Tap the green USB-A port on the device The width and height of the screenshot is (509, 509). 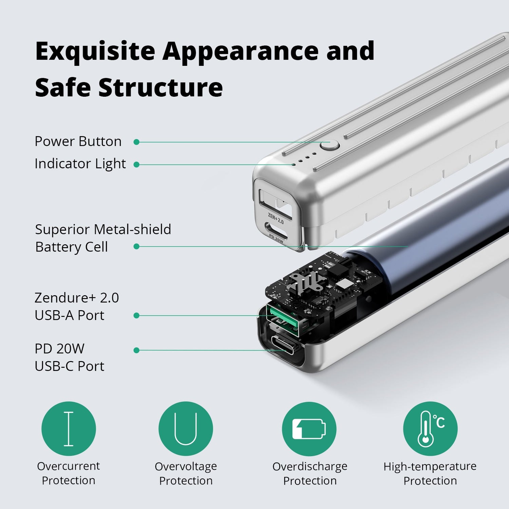pyautogui.click(x=282, y=321)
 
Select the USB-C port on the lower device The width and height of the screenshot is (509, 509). pyautogui.click(x=282, y=345)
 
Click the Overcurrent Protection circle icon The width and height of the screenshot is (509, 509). pyautogui.click(x=69, y=429)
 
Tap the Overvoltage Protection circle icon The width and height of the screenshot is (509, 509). pyautogui.click(x=186, y=429)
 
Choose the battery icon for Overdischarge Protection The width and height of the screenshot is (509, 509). pyautogui.click(x=309, y=429)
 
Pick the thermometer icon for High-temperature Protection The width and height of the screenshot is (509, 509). pyautogui.click(x=430, y=429)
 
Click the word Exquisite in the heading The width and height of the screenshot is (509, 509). pyautogui.click(x=95, y=52)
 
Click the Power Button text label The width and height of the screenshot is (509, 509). pyautogui.click(x=78, y=142)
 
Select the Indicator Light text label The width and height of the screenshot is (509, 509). pyautogui.click(x=80, y=164)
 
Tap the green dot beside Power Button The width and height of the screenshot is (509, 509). pyautogui.click(x=136, y=142)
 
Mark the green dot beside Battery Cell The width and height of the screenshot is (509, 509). pyautogui.click(x=136, y=247)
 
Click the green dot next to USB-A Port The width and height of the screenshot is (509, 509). pyautogui.click(x=136, y=316)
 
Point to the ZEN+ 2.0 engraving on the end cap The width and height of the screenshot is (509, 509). pyautogui.click(x=276, y=219)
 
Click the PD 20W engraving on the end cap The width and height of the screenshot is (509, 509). pyautogui.click(x=276, y=239)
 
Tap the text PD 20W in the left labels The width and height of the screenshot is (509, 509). pyautogui.click(x=59, y=349)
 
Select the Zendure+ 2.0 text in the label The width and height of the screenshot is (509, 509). pyautogui.click(x=77, y=298)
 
